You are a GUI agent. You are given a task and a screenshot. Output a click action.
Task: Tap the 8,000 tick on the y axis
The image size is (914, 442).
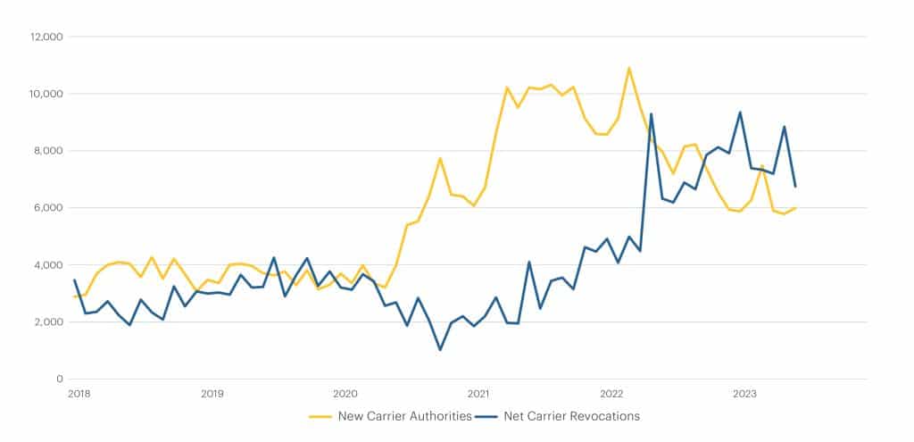(x=44, y=151)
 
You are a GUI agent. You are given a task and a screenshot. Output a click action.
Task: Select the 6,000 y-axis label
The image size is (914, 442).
(x=44, y=208)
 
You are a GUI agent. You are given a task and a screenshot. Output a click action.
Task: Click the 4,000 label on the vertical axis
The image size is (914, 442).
(x=44, y=265)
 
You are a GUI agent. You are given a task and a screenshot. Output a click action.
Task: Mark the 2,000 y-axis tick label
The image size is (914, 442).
(x=44, y=322)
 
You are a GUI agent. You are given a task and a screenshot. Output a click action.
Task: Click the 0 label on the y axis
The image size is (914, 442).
(x=56, y=379)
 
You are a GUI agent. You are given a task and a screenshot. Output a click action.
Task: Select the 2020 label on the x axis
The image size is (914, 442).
(x=345, y=393)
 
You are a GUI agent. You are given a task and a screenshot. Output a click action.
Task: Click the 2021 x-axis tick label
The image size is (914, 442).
(x=478, y=393)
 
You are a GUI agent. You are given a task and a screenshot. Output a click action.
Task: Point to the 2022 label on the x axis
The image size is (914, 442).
(x=611, y=393)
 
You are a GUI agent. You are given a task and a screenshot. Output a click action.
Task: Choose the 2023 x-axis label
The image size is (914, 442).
(x=744, y=393)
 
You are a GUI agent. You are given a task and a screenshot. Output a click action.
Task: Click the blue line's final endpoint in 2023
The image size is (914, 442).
(x=795, y=187)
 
